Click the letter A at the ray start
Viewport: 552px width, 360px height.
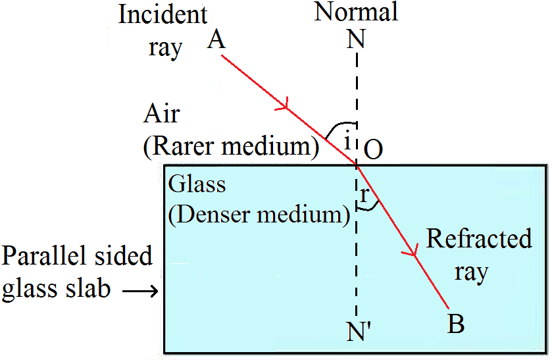[216, 41]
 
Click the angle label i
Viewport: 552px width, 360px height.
[347, 138]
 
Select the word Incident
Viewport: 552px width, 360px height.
[163, 14]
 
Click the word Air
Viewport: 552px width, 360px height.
[162, 114]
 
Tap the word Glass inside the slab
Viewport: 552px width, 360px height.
[197, 184]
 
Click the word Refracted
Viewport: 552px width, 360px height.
[479, 238]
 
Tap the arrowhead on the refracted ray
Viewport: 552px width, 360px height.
[414, 252]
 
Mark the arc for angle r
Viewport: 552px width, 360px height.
[370, 208]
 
